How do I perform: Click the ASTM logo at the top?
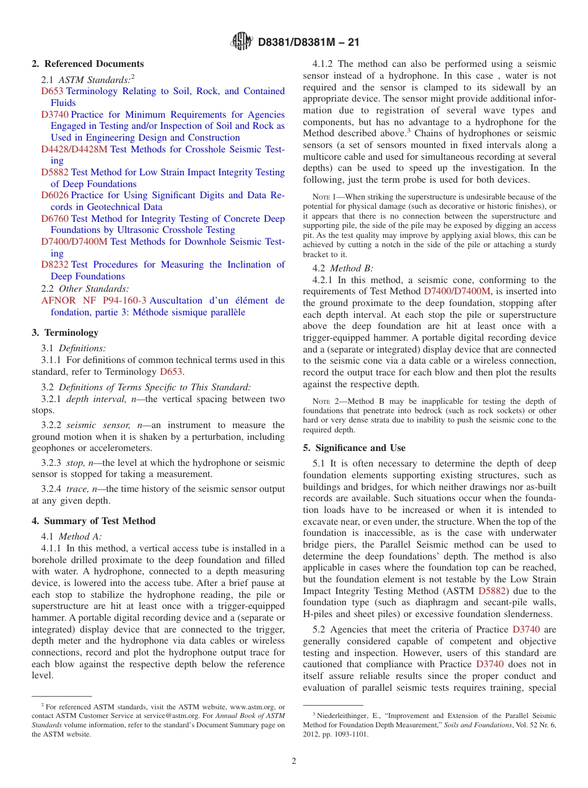coord(241,42)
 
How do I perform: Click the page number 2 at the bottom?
coord(294,761)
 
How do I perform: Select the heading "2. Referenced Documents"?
coord(88,64)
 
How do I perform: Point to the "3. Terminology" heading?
coord(65,333)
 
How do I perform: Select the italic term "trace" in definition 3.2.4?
coord(77,489)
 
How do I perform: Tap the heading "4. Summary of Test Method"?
coord(93,521)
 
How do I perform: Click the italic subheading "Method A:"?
coord(80,536)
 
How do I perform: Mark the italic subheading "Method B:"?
coord(352,268)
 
